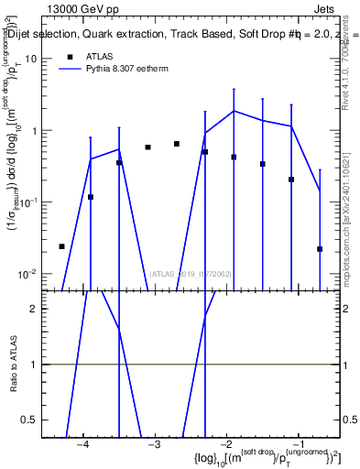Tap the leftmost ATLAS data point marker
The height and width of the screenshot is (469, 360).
[x=61, y=246]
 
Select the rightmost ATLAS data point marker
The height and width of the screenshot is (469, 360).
[x=320, y=248]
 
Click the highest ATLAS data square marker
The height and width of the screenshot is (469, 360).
[x=177, y=144]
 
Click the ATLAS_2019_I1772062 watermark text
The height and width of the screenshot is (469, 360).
[x=190, y=273]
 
